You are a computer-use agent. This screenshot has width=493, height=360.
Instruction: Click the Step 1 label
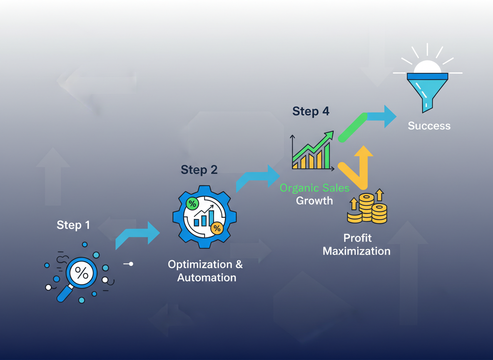click(73, 225)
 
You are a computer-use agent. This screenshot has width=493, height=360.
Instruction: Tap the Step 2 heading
click(199, 170)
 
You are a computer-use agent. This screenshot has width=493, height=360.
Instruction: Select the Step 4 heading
click(311, 112)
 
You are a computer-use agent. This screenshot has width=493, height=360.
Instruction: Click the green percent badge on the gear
click(192, 204)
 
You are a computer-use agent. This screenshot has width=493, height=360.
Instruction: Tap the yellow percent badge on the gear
click(217, 228)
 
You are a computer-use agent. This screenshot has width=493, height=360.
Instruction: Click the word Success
click(429, 126)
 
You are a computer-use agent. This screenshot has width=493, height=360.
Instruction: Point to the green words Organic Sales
click(314, 188)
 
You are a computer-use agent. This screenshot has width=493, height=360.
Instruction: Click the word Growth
click(314, 201)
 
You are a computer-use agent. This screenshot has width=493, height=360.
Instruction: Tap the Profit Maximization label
click(357, 245)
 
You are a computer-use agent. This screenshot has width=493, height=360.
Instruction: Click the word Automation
click(207, 277)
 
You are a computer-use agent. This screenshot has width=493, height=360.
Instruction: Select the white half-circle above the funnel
click(427, 67)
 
